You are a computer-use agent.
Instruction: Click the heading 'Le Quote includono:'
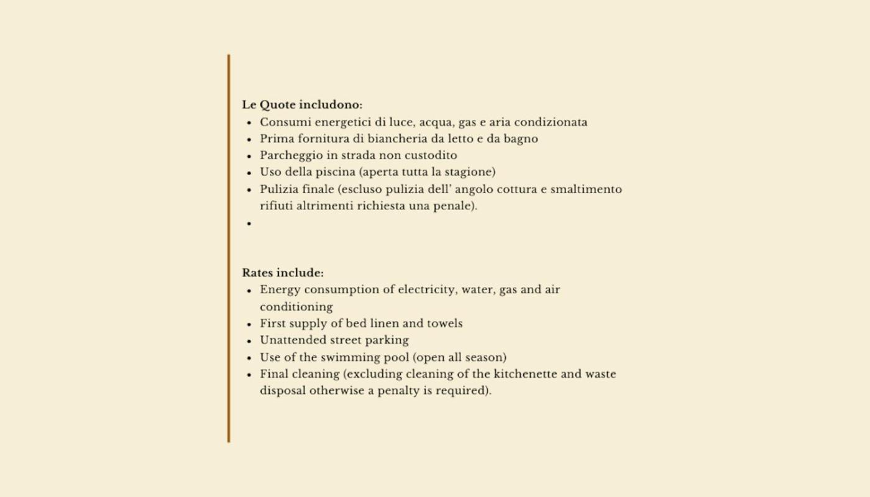pyautogui.click(x=302, y=104)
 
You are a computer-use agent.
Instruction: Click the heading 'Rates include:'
pyautogui.click(x=283, y=273)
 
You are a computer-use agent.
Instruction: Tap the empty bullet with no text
pyautogui.click(x=249, y=223)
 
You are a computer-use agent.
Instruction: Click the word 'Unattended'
pyautogui.click(x=290, y=340)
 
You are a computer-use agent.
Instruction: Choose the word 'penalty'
pyautogui.click(x=398, y=391)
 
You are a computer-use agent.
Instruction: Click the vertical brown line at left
pyautogui.click(x=229, y=248)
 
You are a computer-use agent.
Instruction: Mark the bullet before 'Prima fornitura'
pyautogui.click(x=249, y=139)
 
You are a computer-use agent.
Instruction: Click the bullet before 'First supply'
pyautogui.click(x=249, y=324)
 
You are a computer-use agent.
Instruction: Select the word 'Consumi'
pyautogui.click(x=285, y=122)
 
